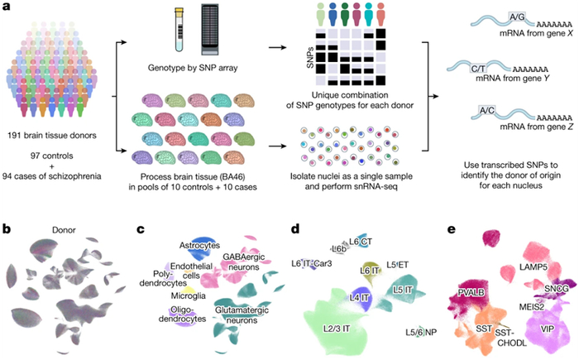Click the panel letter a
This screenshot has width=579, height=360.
(x=8, y=7)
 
